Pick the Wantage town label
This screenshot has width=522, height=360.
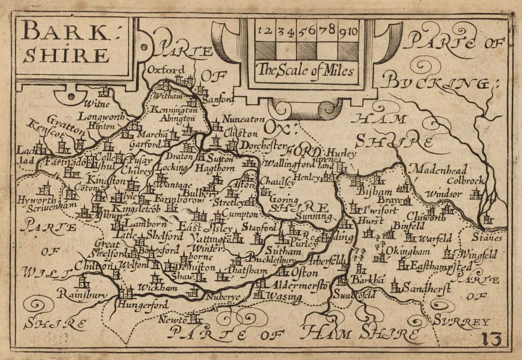pos(174,185)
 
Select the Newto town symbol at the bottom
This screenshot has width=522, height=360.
pos(195,318)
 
